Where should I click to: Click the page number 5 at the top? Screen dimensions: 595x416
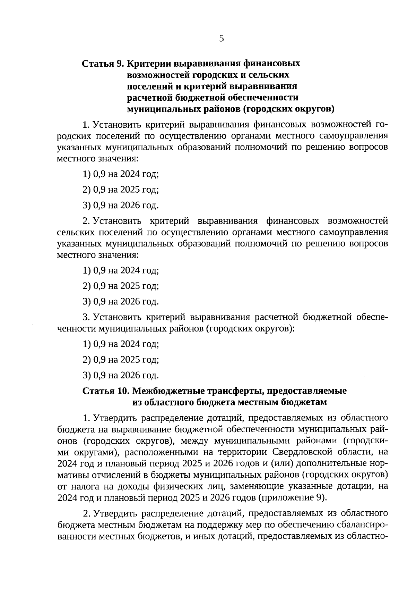click(x=222, y=39)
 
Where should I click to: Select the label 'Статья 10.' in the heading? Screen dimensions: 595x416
click(x=105, y=391)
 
